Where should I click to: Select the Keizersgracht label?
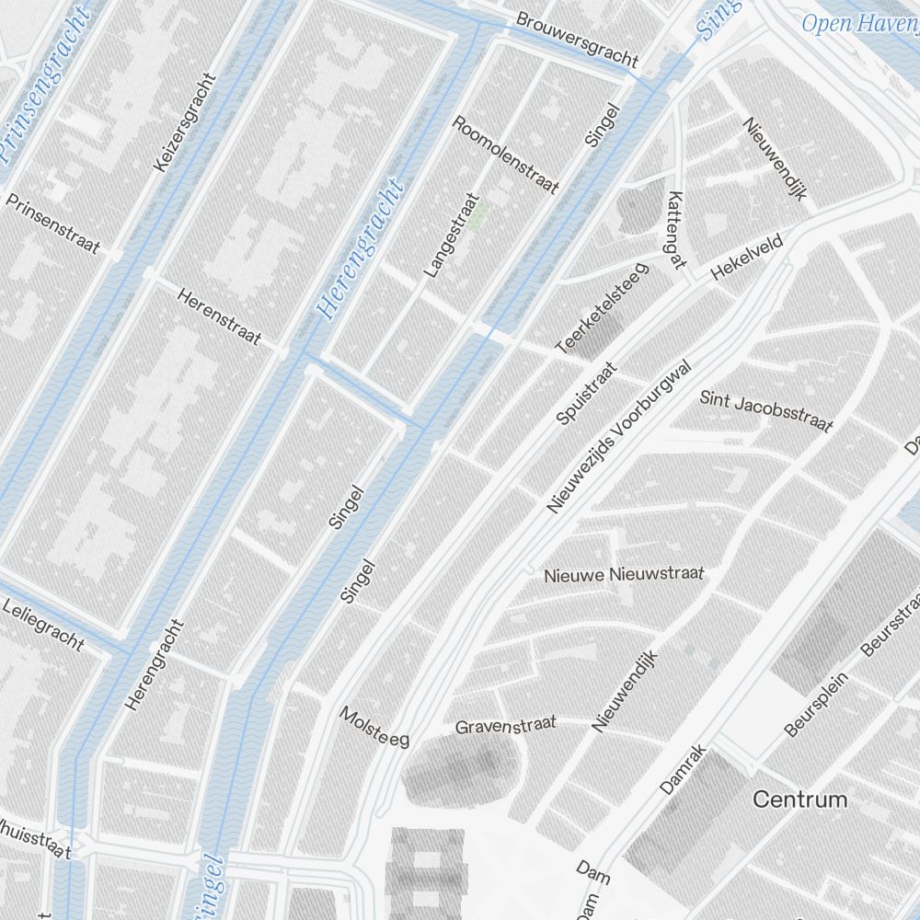[185, 122]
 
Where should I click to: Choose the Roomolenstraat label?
[506, 155]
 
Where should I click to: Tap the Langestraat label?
[451, 236]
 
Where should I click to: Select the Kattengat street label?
[676, 230]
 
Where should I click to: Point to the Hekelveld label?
[746, 257]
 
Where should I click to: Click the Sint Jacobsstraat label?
[765, 410]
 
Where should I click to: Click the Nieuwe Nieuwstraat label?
[623, 575]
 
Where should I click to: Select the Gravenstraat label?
[505, 726]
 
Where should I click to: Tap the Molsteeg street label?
[374, 727]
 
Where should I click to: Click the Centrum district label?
[799, 799]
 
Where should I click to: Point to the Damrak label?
[683, 769]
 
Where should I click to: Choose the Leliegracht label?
[43, 625]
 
